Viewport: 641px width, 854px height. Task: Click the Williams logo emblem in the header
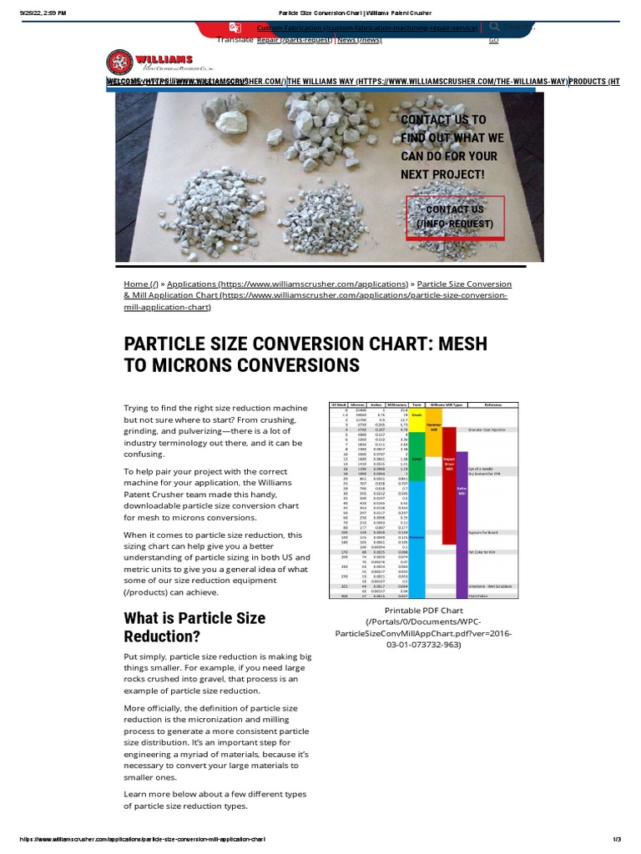pyautogui.click(x=119, y=63)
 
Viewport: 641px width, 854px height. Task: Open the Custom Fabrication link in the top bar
pyautogui.click(x=368, y=28)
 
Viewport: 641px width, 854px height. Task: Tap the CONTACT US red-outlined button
pyautogui.click(x=455, y=217)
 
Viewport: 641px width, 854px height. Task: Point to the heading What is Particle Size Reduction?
pyautogui.click(x=194, y=627)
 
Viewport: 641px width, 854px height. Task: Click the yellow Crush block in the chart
pyautogui.click(x=416, y=414)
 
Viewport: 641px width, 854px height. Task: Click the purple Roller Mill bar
pyautogui.click(x=462, y=517)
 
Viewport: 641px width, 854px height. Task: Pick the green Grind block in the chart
pyautogui.click(x=416, y=459)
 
